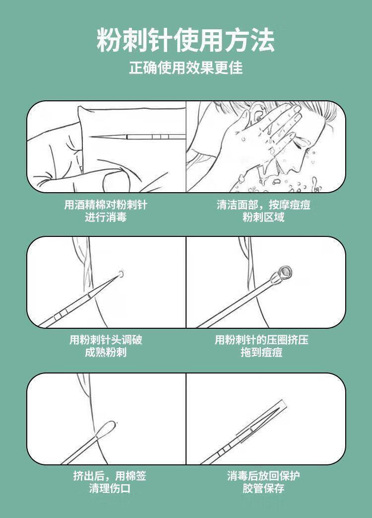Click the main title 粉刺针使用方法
(x=186, y=40)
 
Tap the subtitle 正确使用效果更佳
(x=186, y=68)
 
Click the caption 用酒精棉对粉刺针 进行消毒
(x=106, y=211)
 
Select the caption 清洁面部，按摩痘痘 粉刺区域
(x=263, y=211)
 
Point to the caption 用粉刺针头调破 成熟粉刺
(x=106, y=346)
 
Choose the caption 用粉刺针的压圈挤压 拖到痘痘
(x=261, y=346)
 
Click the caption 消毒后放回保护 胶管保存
(x=263, y=482)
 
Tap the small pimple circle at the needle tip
(x=121, y=274)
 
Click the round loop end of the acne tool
(x=285, y=272)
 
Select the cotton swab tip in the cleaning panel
(x=106, y=428)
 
